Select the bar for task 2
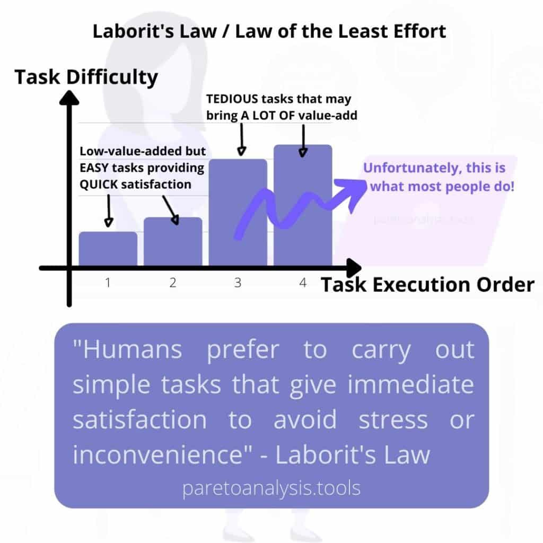pyautogui.click(x=173, y=241)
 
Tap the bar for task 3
pyautogui.click(x=238, y=212)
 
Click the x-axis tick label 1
pyautogui.click(x=108, y=283)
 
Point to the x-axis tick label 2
pyautogui.click(x=173, y=283)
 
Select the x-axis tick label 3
pyautogui.click(x=238, y=283)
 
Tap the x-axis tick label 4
pyautogui.click(x=303, y=283)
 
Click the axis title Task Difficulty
pyautogui.click(x=86, y=77)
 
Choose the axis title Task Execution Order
pyautogui.click(x=427, y=285)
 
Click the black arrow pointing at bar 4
pyautogui.click(x=303, y=141)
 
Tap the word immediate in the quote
pyautogui.click(x=411, y=384)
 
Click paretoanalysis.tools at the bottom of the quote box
pyautogui.click(x=271, y=488)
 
